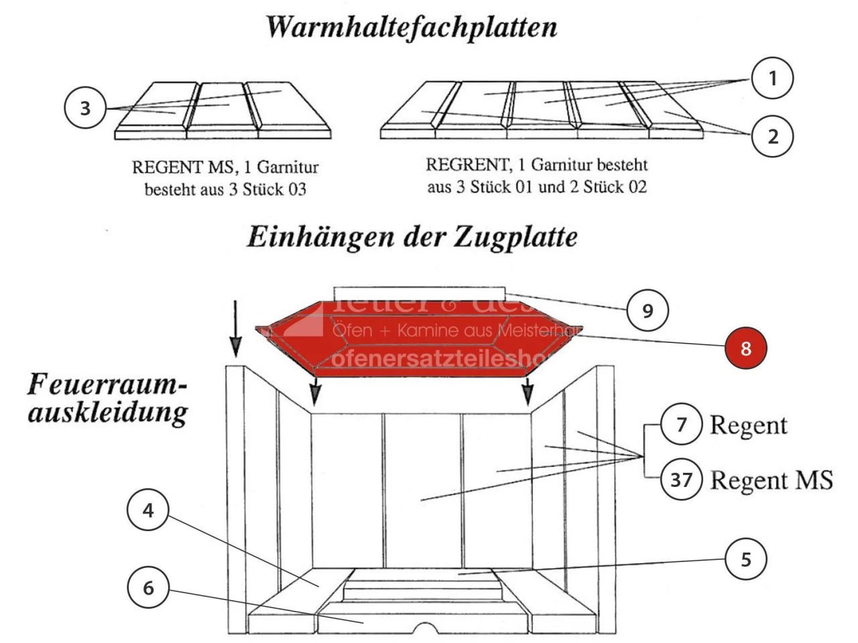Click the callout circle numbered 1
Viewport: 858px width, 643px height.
772,79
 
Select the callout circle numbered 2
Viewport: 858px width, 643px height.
773,137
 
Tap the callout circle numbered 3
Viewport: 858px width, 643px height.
85,109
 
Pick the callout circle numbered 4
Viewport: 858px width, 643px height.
148,511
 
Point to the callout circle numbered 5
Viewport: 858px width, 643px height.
746,559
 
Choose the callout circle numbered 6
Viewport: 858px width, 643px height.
148,588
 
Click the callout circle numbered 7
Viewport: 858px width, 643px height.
681,425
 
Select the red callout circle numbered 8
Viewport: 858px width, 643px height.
746,348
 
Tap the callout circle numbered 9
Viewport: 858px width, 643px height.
648,310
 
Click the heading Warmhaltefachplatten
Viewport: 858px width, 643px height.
412,27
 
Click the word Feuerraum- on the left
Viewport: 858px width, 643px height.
107,386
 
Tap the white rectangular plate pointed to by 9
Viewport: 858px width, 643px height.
418,293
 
